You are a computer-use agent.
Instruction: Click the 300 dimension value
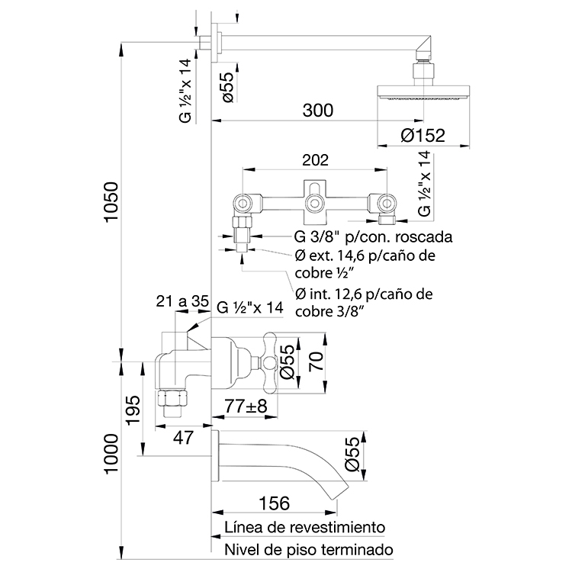(x=318, y=111)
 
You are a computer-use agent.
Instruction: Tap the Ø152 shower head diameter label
(x=423, y=136)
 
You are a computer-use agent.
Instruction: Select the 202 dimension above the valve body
(x=315, y=160)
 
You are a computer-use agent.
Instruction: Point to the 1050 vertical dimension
(x=111, y=201)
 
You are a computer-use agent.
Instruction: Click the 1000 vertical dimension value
(x=111, y=455)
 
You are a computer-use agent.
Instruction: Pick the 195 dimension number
(x=133, y=410)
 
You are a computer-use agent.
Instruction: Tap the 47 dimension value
(x=183, y=438)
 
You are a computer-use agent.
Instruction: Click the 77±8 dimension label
(x=246, y=407)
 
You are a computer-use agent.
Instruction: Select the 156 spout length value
(x=274, y=503)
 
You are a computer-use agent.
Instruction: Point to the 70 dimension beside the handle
(x=317, y=362)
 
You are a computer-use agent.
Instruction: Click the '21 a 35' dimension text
(x=182, y=301)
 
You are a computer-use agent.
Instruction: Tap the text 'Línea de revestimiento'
(x=304, y=527)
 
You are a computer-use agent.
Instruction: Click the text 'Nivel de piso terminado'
(x=309, y=549)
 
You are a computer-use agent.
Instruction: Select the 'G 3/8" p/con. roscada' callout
(x=373, y=237)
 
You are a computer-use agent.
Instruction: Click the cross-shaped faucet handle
(x=270, y=362)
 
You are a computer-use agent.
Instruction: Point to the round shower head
(x=423, y=92)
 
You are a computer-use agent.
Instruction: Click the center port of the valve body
(x=314, y=202)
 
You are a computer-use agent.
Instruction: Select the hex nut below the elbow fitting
(x=173, y=398)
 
